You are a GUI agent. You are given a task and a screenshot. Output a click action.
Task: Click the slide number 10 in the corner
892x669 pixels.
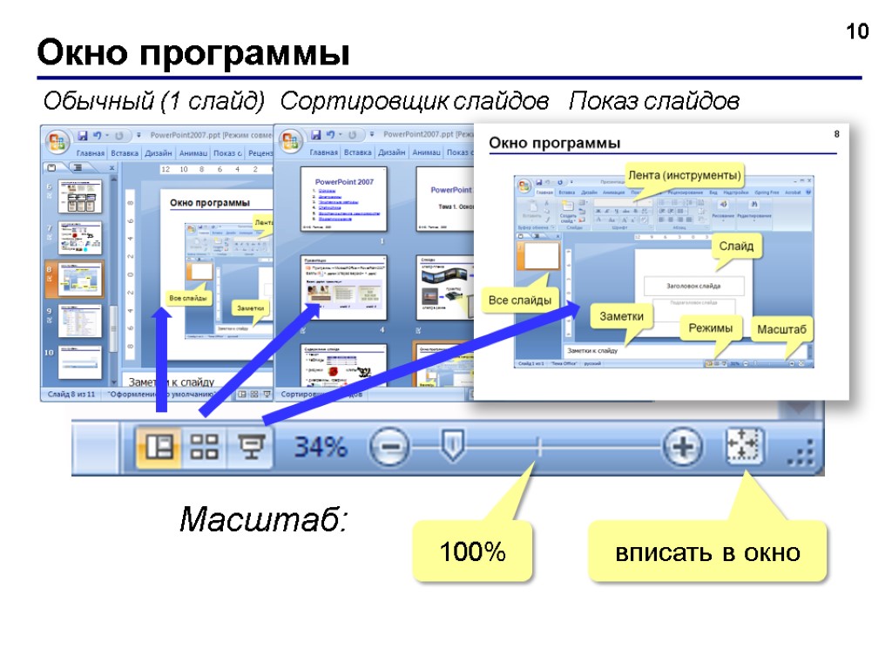click(858, 32)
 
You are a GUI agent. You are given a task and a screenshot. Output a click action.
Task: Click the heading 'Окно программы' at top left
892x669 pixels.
click(193, 55)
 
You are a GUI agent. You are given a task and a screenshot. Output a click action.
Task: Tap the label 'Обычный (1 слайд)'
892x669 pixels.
click(154, 103)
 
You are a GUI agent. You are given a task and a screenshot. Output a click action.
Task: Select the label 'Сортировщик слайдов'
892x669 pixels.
click(415, 103)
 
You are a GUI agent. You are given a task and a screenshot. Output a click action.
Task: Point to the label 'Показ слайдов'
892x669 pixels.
click(654, 103)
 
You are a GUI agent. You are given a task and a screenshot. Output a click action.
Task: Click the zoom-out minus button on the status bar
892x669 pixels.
click(389, 449)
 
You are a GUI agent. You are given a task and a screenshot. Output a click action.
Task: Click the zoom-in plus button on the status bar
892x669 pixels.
click(682, 449)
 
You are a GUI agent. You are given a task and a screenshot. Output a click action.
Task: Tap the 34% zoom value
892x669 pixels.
click(320, 449)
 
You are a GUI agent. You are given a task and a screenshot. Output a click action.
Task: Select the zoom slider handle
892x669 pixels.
click(451, 447)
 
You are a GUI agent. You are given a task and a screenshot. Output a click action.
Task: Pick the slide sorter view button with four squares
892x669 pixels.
click(205, 448)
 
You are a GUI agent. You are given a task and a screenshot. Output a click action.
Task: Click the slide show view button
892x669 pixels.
click(250, 448)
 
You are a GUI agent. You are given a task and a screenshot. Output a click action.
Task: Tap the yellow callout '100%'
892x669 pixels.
click(472, 552)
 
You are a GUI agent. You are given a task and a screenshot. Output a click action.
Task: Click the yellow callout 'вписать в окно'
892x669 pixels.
click(707, 552)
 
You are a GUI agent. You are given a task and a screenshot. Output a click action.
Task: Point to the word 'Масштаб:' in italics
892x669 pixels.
click(263, 521)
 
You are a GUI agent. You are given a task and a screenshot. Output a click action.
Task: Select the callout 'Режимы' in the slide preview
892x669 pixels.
click(712, 328)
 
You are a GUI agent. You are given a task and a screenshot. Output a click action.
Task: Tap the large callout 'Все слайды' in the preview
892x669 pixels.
click(519, 301)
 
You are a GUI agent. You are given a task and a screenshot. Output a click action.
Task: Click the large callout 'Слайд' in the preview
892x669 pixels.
click(736, 247)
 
